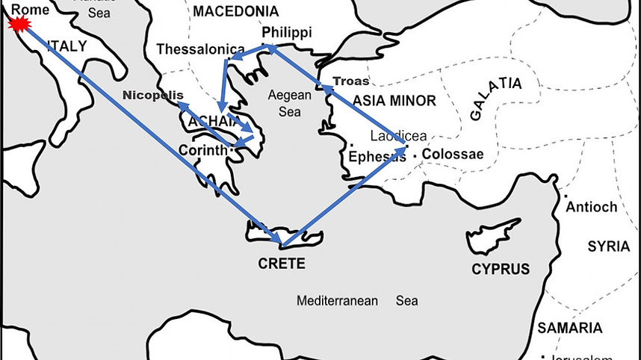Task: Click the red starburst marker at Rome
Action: point(16,25)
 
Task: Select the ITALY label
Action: point(67,46)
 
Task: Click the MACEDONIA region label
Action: point(235,11)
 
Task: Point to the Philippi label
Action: point(287,32)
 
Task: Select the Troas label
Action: point(350,81)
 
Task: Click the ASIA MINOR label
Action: point(394,100)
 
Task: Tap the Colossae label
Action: point(452,155)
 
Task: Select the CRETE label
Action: point(282,263)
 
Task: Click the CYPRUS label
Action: point(500,269)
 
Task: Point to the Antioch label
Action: point(592,207)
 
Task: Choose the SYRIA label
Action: point(608,246)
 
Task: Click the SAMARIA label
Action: point(569,328)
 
